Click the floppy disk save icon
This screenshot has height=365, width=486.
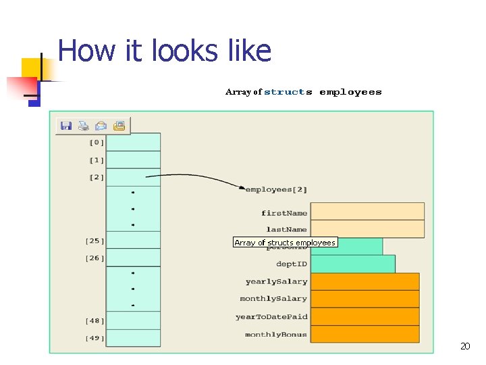(66, 126)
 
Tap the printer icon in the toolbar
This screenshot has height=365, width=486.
(84, 126)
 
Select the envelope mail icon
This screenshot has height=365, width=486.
(101, 126)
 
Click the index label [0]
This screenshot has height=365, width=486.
(97, 143)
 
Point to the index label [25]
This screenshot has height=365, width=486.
(94, 241)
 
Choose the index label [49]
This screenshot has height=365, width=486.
(95, 338)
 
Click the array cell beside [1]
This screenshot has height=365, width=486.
(134, 160)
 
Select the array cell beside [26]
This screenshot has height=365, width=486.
(134, 258)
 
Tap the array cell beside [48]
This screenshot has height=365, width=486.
(134, 320)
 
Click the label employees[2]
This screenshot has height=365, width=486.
(276, 190)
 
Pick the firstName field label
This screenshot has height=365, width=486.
(284, 214)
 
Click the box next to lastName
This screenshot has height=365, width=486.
(367, 229)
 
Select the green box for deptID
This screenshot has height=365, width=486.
(352, 264)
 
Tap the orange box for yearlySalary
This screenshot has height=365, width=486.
(364, 281)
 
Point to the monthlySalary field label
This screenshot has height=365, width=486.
(273, 299)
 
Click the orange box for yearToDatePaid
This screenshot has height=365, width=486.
(364, 316)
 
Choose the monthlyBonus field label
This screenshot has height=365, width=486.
(275, 335)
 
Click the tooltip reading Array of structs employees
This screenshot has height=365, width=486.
(285, 243)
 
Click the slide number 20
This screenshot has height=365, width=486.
(464, 347)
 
